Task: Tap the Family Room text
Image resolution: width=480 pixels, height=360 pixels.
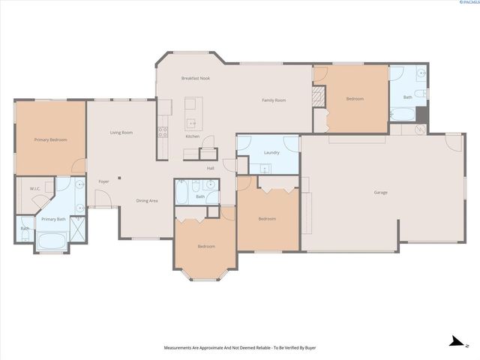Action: point(273,100)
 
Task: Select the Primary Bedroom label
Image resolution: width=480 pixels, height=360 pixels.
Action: point(49,139)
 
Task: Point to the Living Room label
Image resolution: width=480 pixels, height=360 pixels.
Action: point(121,132)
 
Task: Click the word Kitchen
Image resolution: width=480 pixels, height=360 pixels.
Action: point(192,136)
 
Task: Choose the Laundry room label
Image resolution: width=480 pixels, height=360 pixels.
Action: point(271,153)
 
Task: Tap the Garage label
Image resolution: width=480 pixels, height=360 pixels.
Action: point(380,193)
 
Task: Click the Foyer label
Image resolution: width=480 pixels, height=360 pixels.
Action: point(103,181)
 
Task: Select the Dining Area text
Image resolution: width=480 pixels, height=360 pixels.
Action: point(146,200)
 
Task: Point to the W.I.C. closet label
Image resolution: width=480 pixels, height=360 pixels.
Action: point(34,189)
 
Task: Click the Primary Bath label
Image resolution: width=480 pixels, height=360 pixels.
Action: point(53,219)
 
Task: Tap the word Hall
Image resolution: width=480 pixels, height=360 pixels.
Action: point(211,168)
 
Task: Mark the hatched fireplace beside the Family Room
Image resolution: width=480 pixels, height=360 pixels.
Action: point(318,96)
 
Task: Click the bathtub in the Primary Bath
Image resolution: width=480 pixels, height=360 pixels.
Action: point(51,241)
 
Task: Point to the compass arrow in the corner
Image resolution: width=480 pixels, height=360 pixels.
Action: point(455,342)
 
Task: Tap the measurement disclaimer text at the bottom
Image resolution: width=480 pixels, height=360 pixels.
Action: point(239,348)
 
